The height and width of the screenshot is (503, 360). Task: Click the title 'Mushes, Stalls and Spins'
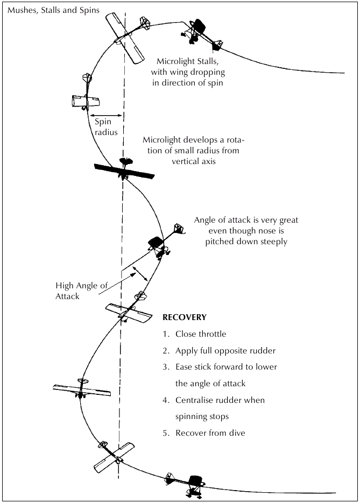[x=53, y=10]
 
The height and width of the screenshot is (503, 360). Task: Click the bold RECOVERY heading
[x=184, y=317]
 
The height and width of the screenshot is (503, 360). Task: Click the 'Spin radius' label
[x=106, y=127]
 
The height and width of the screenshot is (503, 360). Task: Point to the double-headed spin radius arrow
[x=106, y=116]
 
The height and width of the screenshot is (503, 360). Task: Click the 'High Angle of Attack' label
[x=81, y=291]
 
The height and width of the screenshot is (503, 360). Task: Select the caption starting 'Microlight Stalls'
[x=188, y=72]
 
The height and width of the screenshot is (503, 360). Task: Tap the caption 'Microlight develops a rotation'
[x=194, y=151]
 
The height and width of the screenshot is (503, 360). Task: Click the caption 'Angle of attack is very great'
[x=246, y=231]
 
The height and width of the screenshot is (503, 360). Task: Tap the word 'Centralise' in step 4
[x=191, y=400]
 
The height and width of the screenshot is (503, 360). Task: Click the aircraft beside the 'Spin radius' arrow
[x=86, y=93]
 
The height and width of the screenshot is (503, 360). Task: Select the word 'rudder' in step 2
[x=263, y=351]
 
